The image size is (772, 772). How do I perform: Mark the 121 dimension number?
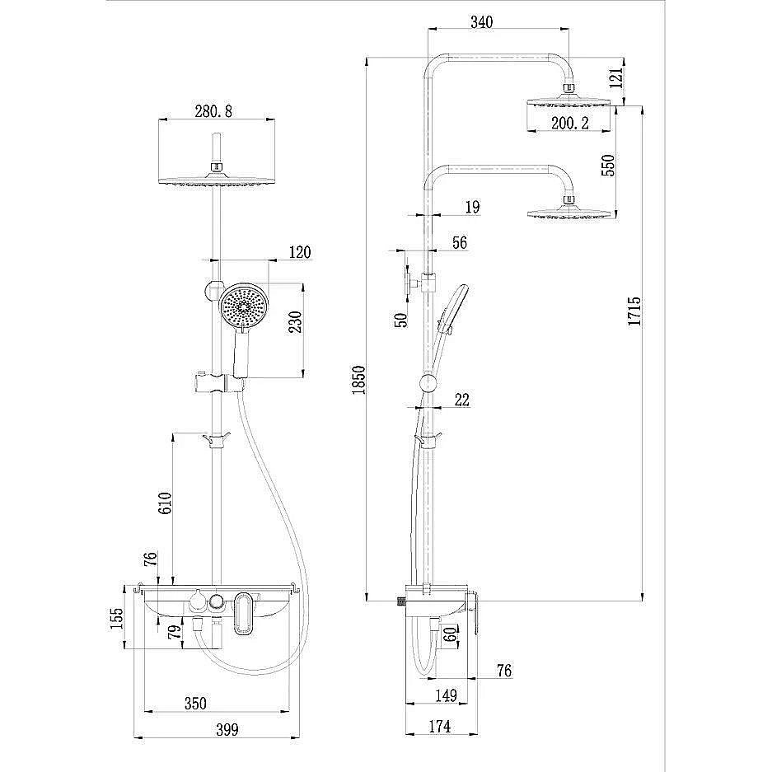[x=614, y=79]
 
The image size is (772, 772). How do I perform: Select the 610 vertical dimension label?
[x=164, y=503]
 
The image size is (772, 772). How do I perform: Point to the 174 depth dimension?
[x=439, y=726]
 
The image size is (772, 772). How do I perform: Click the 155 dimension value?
[x=117, y=617]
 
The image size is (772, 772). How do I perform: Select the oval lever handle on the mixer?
[x=245, y=615]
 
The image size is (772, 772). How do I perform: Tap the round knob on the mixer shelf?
[x=217, y=601]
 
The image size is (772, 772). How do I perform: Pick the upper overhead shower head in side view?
[x=568, y=103]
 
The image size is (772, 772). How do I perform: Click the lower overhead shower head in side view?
[x=568, y=213]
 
